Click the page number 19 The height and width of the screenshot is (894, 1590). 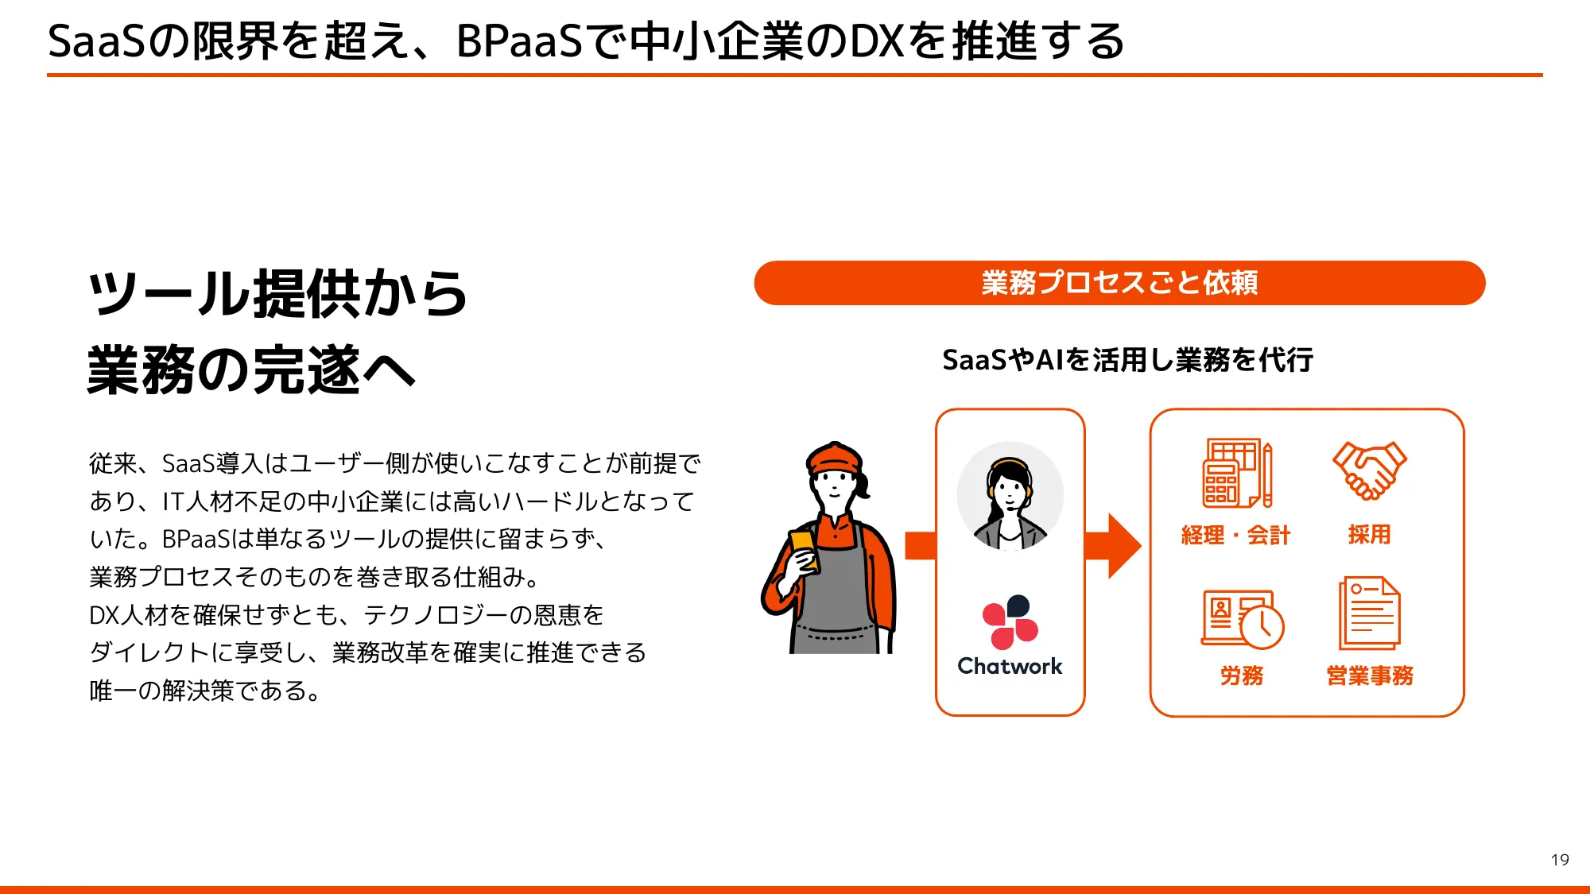[x=1559, y=860]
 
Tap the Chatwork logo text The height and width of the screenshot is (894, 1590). [x=1010, y=666]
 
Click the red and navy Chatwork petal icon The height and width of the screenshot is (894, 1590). [x=1010, y=621]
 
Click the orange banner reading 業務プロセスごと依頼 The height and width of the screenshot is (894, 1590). [x=1119, y=283]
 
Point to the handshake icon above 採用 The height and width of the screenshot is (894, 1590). [x=1369, y=470]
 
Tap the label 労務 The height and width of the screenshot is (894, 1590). [x=1241, y=675]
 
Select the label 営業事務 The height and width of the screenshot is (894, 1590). [x=1370, y=675]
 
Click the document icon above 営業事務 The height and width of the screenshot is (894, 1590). [x=1369, y=613]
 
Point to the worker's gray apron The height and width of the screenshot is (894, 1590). [x=835, y=604]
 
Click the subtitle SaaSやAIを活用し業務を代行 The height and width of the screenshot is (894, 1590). [x=1127, y=360]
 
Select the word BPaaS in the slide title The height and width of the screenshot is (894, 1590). [x=520, y=41]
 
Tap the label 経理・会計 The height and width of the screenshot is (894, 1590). [x=1235, y=535]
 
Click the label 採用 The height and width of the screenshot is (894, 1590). [x=1369, y=534]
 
